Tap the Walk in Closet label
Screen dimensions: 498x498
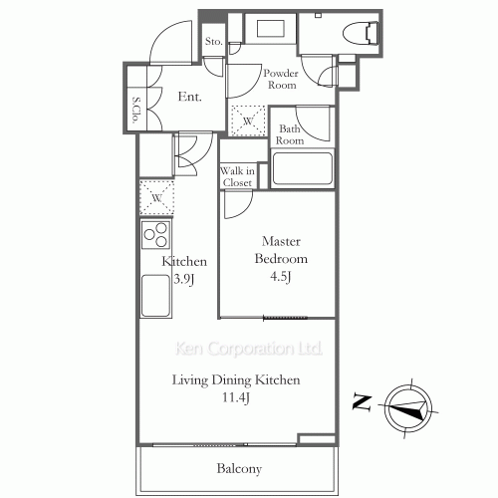[237, 176]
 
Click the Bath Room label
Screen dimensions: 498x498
[291, 134]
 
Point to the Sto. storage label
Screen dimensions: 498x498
[214, 42]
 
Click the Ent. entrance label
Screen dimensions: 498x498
[189, 97]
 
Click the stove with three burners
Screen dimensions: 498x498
[155, 236]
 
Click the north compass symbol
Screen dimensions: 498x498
[409, 405]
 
